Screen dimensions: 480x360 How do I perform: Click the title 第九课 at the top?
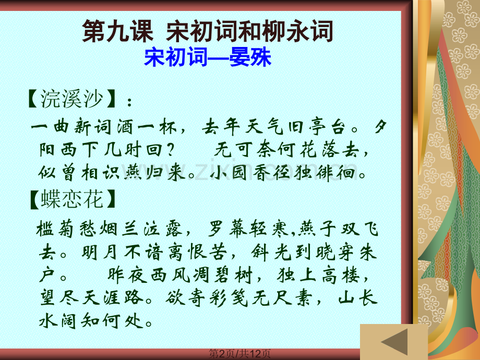tap(117, 31)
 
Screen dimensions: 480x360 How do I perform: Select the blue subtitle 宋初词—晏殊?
tap(208, 57)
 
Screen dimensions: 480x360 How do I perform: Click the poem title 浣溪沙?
tap(71, 99)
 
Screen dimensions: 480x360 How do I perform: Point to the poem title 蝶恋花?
tap(72, 199)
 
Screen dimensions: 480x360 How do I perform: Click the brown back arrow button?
tap(394, 342)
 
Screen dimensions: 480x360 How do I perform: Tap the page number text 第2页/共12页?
tap(239, 354)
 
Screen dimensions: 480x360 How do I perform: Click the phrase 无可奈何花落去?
tap(286, 150)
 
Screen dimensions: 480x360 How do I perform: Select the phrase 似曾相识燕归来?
tap(112, 173)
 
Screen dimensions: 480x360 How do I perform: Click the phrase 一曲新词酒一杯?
tap(104, 127)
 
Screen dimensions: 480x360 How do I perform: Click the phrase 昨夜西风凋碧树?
tap(180, 275)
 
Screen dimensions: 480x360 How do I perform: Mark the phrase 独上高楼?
tap(318, 275)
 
